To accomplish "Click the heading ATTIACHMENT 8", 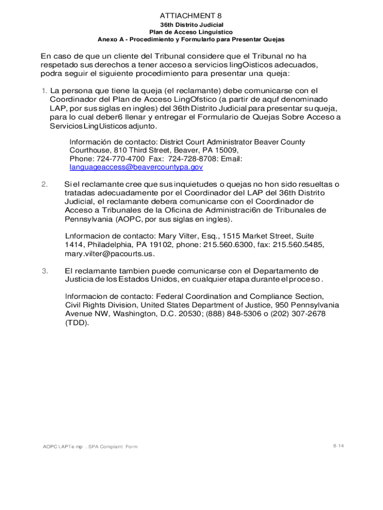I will (191, 15).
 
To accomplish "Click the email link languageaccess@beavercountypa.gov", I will (136, 167).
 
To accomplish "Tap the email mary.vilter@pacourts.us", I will (109, 254).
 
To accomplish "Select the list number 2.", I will (45, 185).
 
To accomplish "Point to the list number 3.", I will (45, 271).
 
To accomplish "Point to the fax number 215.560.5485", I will (297, 245).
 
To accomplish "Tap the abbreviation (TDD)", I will (78, 323).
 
